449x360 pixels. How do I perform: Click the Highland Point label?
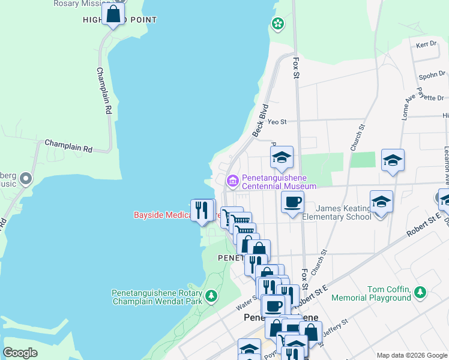click(x=119, y=20)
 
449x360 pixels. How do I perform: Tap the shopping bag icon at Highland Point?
click(x=113, y=13)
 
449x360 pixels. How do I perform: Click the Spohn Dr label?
click(x=432, y=76)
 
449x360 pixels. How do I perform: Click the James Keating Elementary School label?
click(x=336, y=212)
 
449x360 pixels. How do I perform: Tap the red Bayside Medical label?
click(x=162, y=214)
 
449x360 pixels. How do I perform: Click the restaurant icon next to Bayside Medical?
click(x=202, y=210)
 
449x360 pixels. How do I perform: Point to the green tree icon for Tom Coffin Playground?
click(x=421, y=292)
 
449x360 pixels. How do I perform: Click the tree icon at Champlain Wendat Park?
click(x=211, y=296)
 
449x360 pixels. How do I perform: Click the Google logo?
click(x=20, y=353)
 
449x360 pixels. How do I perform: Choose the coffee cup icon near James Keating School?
click(x=292, y=202)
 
